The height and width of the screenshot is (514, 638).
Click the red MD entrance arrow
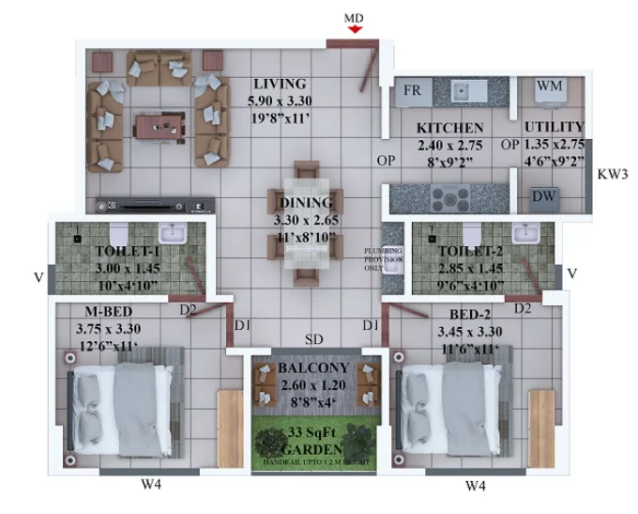click(x=356, y=29)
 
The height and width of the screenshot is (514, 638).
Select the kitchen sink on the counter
click(x=468, y=90)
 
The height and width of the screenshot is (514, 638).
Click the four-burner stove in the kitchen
click(x=450, y=199)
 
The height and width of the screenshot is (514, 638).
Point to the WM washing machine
click(x=549, y=92)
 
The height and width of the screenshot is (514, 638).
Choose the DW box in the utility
click(x=544, y=199)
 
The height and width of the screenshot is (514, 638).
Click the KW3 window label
click(x=613, y=174)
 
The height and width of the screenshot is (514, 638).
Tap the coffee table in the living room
click(x=159, y=128)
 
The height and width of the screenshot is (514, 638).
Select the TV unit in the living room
click(x=155, y=206)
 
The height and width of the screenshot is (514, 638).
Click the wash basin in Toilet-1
click(x=173, y=234)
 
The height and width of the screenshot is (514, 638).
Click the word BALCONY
click(x=313, y=367)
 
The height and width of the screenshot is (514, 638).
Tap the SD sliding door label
click(x=314, y=339)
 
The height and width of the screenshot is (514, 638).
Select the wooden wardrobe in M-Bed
click(x=230, y=428)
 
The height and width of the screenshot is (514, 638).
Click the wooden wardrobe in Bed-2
click(x=541, y=428)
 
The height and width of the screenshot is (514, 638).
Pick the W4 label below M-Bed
click(x=151, y=485)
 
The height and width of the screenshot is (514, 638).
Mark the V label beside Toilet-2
click(x=572, y=273)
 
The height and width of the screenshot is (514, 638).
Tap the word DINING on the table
click(x=306, y=203)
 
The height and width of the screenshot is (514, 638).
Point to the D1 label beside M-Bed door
click(x=242, y=325)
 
